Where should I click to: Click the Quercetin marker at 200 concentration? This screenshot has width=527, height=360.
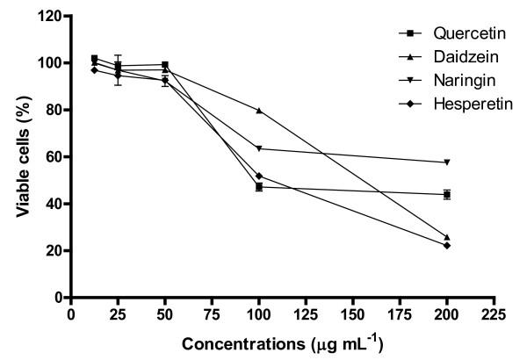447,194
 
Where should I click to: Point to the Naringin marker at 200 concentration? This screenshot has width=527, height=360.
447,162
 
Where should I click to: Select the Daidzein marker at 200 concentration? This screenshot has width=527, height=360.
447,237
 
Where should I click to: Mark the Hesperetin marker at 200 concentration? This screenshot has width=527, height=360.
447,245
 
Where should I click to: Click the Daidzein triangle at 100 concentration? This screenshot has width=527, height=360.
259,111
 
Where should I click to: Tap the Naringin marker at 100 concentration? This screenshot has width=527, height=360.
259,148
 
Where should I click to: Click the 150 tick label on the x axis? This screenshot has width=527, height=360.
353,313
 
